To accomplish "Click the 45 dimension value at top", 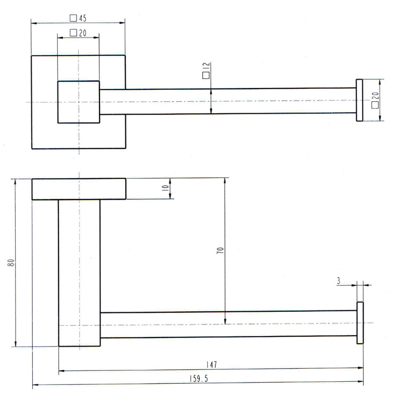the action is (x=83, y=18).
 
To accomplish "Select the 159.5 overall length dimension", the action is (x=199, y=378).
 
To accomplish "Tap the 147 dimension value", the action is (x=212, y=365).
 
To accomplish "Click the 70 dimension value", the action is (x=220, y=251).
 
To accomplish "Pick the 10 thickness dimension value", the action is (x=165, y=188).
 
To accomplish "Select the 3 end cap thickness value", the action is (x=339, y=281).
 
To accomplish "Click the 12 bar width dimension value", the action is (x=206, y=67).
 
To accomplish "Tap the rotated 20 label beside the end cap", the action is (x=375, y=96).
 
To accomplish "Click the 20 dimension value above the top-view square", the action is (x=83, y=33).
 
